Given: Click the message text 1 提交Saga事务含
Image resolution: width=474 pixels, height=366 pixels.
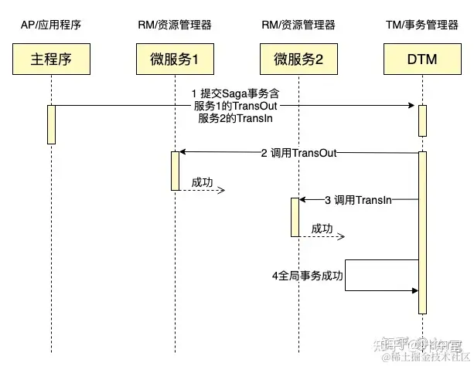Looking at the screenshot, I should [234, 94].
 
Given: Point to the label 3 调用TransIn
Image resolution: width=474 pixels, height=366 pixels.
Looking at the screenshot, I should [357, 200].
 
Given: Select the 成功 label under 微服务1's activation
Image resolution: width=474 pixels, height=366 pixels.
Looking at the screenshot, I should [203, 181].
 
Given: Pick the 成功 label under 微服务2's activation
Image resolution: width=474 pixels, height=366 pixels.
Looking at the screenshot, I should [322, 229].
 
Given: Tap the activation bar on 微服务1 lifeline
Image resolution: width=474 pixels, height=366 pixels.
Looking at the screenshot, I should [174, 171].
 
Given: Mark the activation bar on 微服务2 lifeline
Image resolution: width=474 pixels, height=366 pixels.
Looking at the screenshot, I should [295, 217].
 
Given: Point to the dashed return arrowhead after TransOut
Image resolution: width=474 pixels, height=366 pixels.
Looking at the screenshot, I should [220, 190].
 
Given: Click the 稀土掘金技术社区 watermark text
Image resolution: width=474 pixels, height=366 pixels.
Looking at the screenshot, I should [425, 357].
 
